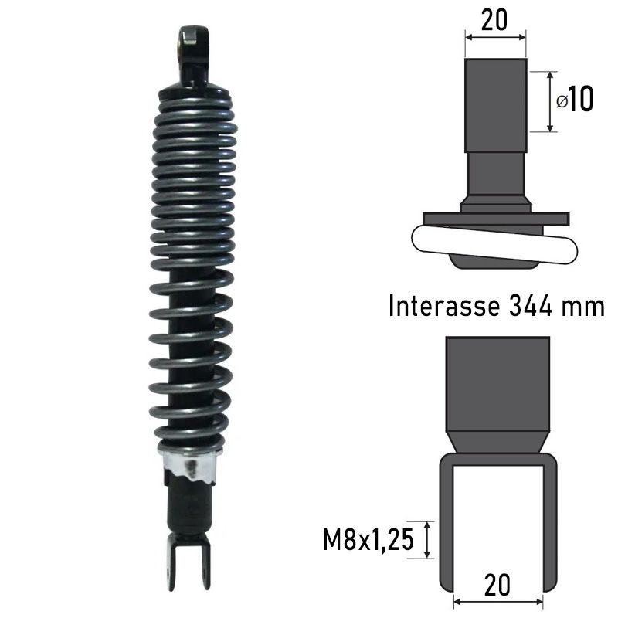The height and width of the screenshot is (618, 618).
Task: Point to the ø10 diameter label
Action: click(x=575, y=100)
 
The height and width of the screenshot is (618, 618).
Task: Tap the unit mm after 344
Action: click(x=583, y=307)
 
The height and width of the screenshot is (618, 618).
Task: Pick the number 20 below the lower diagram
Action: click(x=498, y=585)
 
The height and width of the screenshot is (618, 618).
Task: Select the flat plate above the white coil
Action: click(x=494, y=219)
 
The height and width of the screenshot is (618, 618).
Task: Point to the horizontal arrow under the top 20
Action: click(x=494, y=36)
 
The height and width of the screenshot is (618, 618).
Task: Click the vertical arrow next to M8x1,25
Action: click(x=427, y=539)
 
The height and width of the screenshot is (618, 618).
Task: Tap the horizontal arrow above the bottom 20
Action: click(x=498, y=599)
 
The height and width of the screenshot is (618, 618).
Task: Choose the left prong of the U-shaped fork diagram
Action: click(x=446, y=525)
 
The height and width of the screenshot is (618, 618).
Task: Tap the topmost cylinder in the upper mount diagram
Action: click(x=495, y=104)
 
